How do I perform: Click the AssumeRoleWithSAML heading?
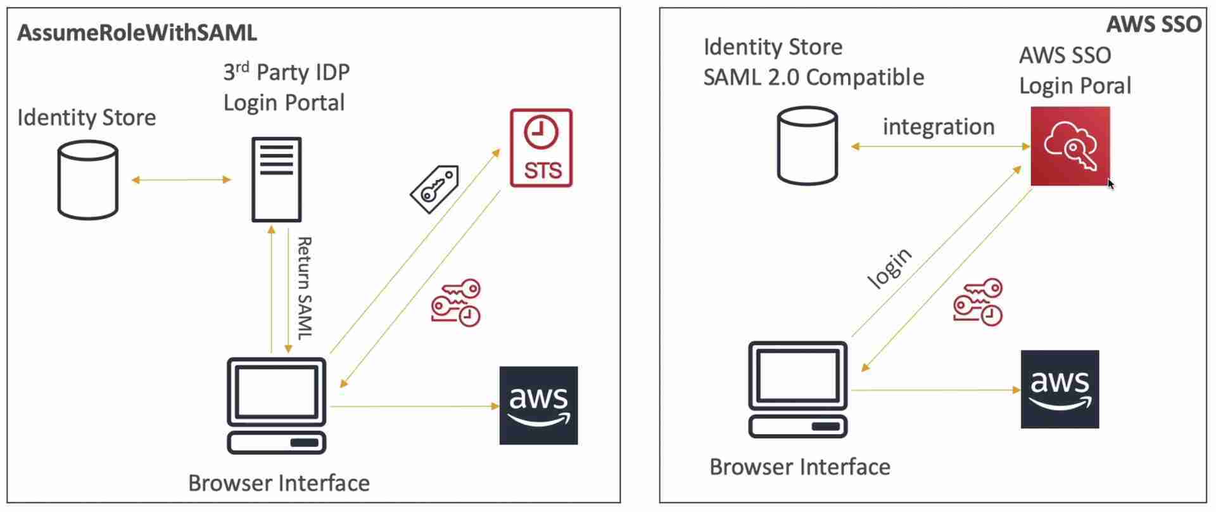tap(137, 33)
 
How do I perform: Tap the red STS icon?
tap(541, 148)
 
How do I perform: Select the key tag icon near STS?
tap(435, 189)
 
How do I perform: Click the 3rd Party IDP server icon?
tap(277, 179)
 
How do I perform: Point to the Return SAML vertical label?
tap(304, 288)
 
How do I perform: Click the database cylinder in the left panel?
tap(88, 180)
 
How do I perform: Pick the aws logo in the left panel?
tap(538, 406)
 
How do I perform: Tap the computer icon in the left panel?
tap(277, 406)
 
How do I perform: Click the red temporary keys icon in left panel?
tap(457, 303)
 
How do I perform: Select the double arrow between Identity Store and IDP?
tap(181, 180)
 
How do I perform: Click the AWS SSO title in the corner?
tap(1153, 25)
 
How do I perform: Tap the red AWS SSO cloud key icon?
tap(1070, 146)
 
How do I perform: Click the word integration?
tap(939, 127)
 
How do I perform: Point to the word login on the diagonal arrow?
tap(890, 267)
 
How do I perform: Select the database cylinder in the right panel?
tap(807, 146)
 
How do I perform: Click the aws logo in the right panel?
tap(1060, 389)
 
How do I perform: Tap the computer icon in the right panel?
tap(798, 389)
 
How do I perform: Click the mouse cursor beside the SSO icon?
tap(1111, 184)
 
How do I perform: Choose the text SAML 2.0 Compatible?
tap(814, 77)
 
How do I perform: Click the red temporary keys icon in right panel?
tap(978, 302)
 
